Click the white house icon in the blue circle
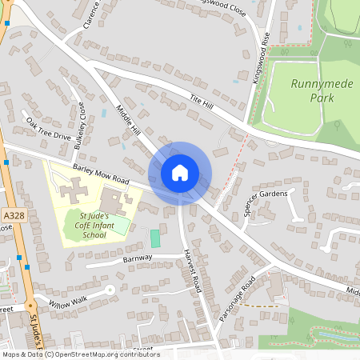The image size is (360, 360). click(180, 173)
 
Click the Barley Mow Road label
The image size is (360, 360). click(101, 174)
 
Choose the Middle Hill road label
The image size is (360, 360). click(128, 121)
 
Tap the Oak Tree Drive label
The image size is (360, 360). click(48, 129)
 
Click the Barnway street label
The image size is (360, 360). click(138, 258)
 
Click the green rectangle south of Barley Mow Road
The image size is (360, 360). click(155, 238)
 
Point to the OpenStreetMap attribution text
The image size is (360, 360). click(80, 354)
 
